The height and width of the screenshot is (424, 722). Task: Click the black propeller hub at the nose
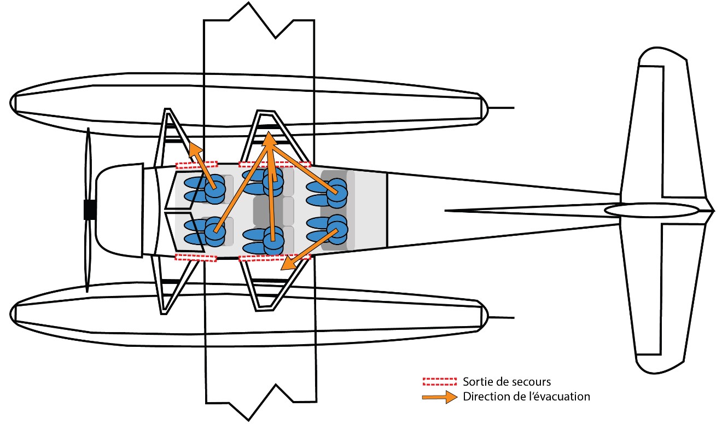tap(90, 210)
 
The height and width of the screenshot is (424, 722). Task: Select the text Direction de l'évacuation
tap(526, 396)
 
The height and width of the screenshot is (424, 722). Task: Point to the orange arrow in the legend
tap(439, 397)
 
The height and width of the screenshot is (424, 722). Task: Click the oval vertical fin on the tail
tap(651, 210)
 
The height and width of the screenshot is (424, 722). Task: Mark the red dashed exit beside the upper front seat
tap(196, 164)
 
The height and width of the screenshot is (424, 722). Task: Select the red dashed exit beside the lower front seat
tap(196, 257)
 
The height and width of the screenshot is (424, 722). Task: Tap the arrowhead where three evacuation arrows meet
tap(269, 139)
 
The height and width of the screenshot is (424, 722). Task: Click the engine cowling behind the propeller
tap(118, 210)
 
